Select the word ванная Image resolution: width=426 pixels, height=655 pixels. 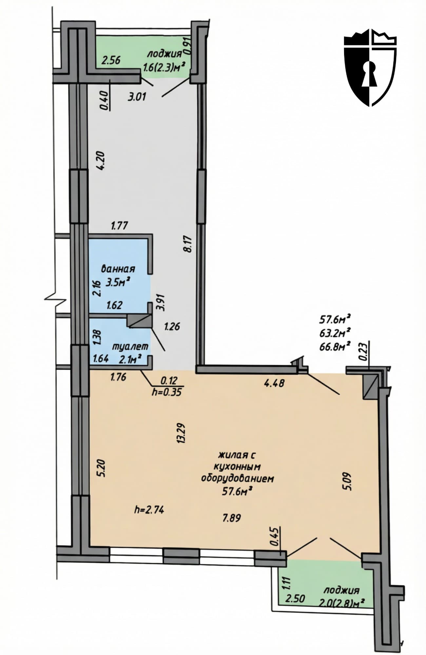[118, 269]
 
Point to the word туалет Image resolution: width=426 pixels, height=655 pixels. [130, 346]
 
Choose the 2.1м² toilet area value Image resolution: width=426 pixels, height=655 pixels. [130, 360]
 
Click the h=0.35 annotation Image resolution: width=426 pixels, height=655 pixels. [166, 392]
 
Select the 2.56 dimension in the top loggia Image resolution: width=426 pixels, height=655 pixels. [111, 60]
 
